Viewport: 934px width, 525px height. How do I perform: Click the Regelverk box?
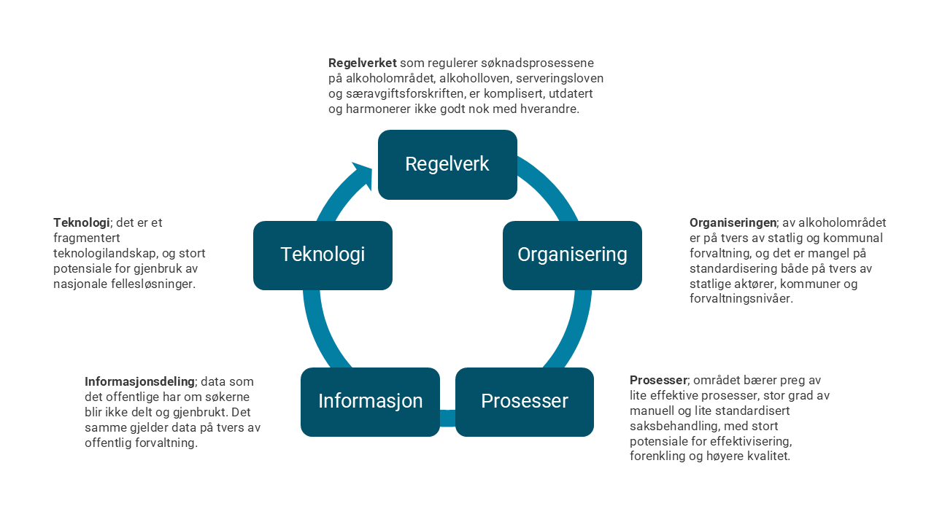click(x=447, y=165)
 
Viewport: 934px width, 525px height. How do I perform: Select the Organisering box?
click(x=572, y=255)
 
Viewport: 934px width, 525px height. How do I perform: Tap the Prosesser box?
click(x=524, y=402)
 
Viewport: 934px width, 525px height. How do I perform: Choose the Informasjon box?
click(x=370, y=402)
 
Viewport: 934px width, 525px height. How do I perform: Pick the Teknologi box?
click(x=323, y=255)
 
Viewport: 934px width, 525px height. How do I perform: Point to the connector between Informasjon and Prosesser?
click(x=447, y=419)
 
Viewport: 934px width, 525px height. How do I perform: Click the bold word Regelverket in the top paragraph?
click(x=362, y=63)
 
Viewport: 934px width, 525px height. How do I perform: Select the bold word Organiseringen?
click(x=733, y=222)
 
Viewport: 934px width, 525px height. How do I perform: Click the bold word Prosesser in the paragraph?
click(x=658, y=380)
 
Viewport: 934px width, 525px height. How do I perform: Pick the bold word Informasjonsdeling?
click(x=139, y=381)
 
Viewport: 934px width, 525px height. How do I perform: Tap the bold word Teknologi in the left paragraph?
click(x=81, y=222)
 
